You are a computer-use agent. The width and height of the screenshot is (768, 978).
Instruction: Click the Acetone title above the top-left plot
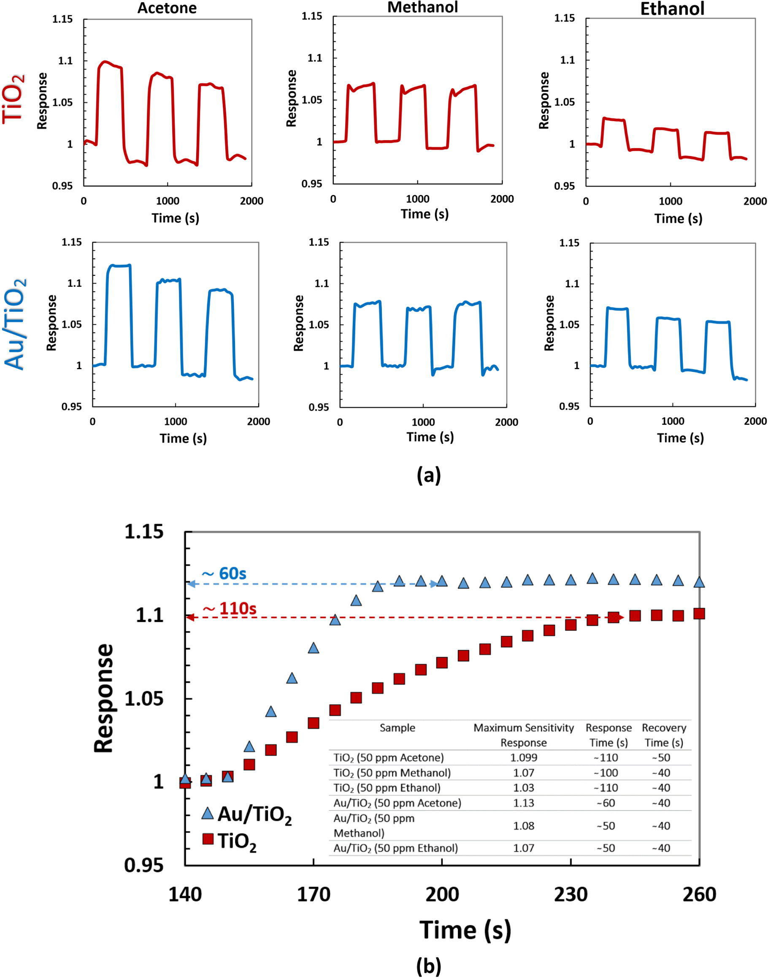click(x=167, y=8)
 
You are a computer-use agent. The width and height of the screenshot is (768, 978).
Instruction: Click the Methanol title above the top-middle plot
click(x=423, y=7)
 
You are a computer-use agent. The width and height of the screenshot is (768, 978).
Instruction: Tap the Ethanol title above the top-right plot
click(x=672, y=9)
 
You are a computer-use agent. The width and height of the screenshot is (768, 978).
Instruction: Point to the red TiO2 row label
click(x=14, y=99)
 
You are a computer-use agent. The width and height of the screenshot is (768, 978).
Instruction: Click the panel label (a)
click(x=428, y=475)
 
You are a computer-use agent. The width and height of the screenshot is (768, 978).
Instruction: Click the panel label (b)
click(x=428, y=965)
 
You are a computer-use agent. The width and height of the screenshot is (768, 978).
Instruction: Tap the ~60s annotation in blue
click(x=224, y=574)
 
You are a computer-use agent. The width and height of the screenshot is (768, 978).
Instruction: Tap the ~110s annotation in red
click(x=229, y=609)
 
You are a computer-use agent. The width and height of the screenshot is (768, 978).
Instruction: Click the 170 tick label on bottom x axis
click(x=314, y=894)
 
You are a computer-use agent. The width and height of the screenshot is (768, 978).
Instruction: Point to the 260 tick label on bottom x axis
click(x=699, y=894)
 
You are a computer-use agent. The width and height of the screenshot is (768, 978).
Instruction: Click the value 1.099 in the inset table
click(x=523, y=758)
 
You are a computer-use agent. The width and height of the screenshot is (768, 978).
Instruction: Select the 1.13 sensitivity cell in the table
click(x=523, y=803)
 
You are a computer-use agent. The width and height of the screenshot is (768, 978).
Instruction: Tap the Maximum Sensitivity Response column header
click(x=523, y=735)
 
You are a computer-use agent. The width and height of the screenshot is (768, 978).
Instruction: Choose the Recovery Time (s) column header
click(x=664, y=735)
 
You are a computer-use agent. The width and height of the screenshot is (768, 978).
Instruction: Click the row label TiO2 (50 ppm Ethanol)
click(x=387, y=788)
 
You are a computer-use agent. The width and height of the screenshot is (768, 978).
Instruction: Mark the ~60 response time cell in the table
click(x=606, y=803)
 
